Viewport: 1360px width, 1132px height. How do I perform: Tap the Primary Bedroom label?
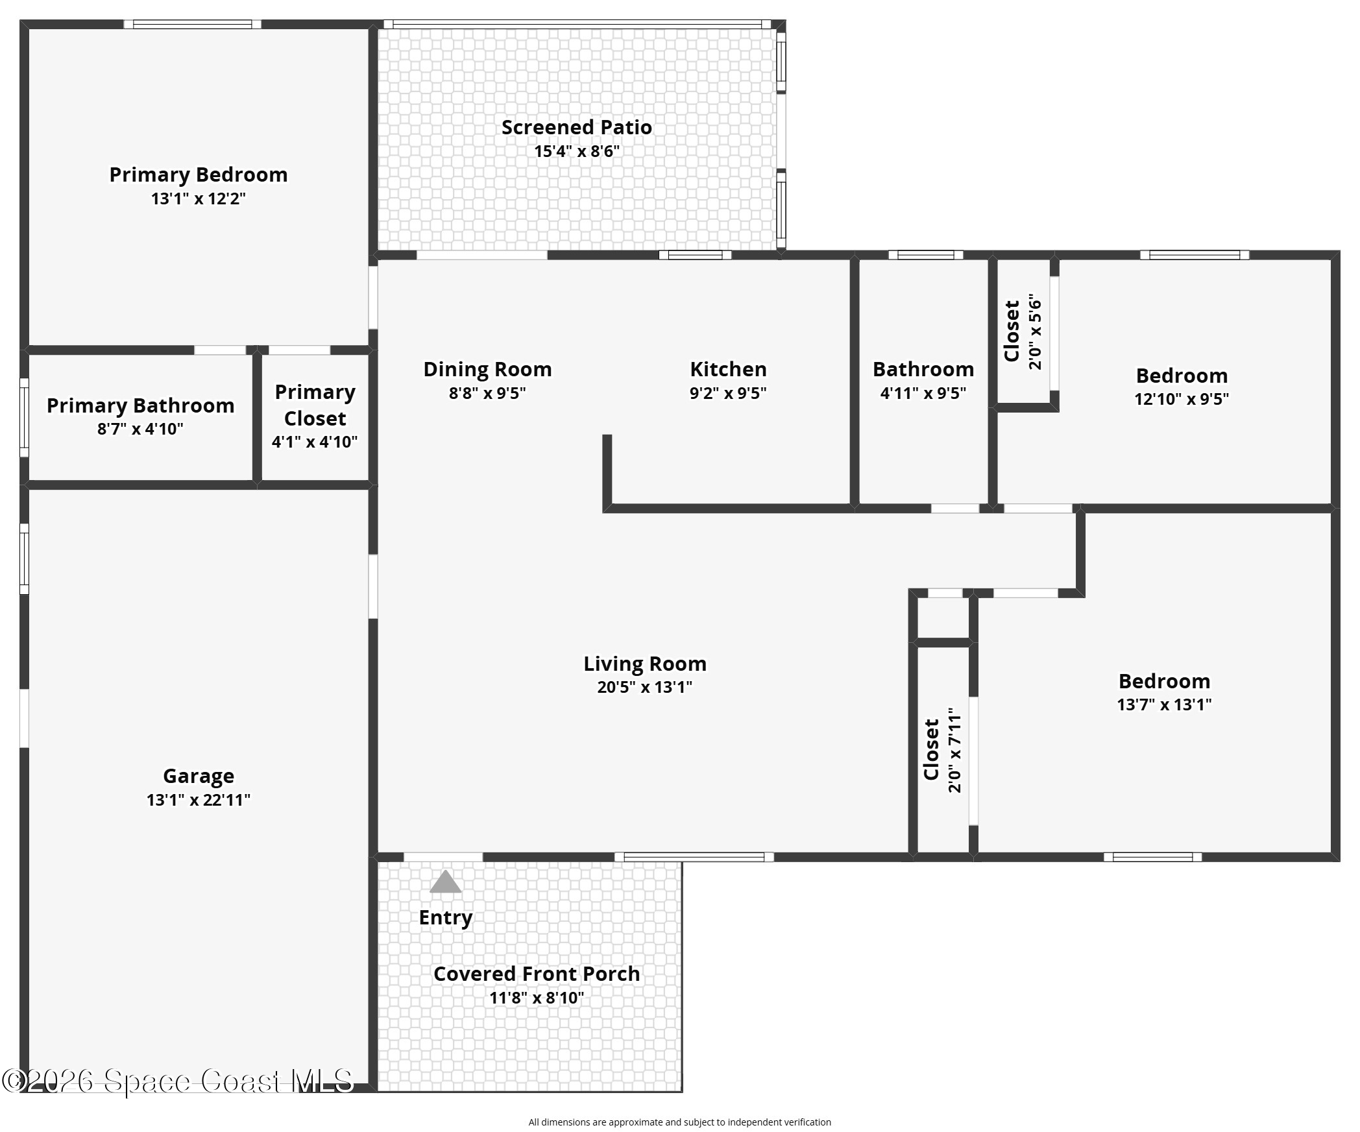click(198, 175)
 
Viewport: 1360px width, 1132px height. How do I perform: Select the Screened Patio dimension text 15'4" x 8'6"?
click(577, 151)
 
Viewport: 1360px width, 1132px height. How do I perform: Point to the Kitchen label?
click(728, 369)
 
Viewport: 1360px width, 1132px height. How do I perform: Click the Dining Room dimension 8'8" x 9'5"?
click(487, 393)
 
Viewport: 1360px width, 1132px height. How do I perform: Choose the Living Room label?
click(644, 664)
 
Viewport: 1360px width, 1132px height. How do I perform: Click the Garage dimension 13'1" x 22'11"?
click(199, 800)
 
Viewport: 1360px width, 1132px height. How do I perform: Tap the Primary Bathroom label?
click(140, 405)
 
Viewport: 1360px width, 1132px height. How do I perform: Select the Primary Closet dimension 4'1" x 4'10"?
click(315, 442)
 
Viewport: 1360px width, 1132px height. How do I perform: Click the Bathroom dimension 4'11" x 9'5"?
click(923, 393)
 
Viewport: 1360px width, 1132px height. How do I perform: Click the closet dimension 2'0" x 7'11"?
click(954, 750)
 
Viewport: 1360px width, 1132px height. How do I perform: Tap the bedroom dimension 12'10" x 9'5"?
click(1182, 399)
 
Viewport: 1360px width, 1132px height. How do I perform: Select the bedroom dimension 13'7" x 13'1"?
click(1164, 704)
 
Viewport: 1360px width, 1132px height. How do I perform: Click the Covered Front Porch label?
click(537, 974)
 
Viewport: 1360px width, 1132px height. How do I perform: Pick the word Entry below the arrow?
click(445, 918)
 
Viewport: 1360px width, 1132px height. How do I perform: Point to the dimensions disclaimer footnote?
click(679, 1122)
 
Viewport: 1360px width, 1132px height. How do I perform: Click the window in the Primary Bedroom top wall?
click(193, 25)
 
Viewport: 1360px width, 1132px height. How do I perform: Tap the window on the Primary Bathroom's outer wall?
click(24, 418)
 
